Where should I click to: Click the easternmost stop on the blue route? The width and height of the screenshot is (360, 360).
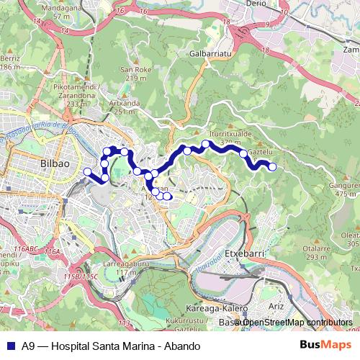[272, 167]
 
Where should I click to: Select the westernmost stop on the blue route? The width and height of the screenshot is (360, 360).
[88, 171]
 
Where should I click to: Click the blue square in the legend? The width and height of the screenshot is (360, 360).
[9, 345]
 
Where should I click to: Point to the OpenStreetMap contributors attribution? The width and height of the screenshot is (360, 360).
[294, 323]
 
